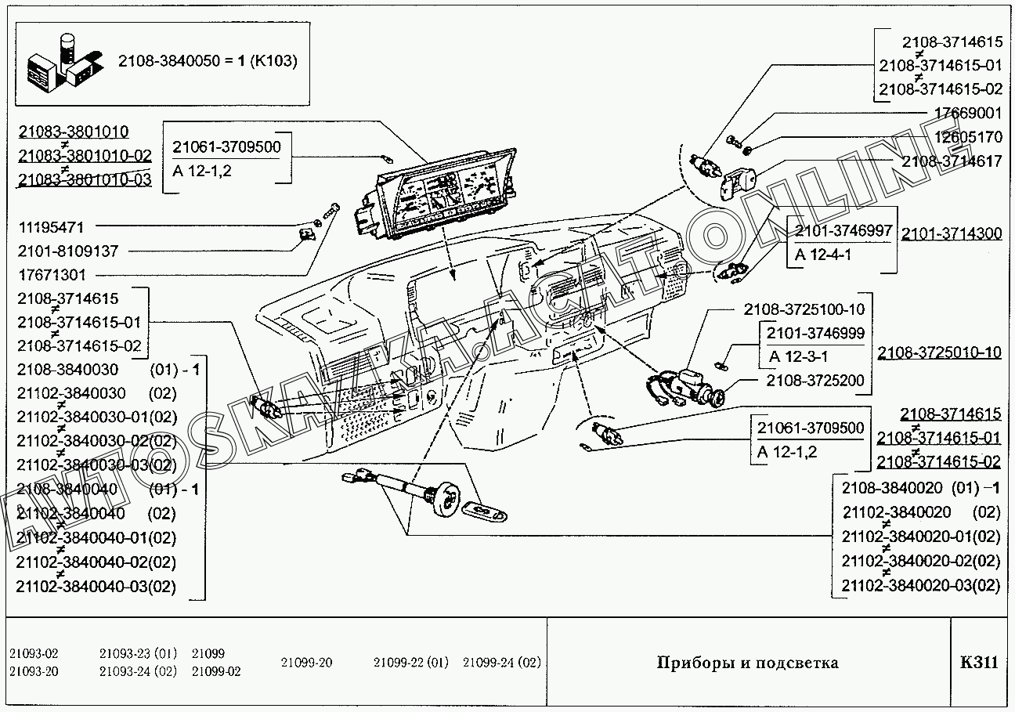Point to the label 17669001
tap(968, 114)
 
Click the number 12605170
tap(968, 137)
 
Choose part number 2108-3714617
tap(952, 161)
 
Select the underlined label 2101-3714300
tap(952, 233)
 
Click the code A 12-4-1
tap(824, 256)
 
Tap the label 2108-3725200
tap(815, 381)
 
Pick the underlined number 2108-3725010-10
tap(939, 352)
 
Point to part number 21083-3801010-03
tap(84, 180)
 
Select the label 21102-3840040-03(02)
tap(96, 587)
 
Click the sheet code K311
tap(979, 663)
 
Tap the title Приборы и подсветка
tap(746, 663)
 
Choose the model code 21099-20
tap(306, 663)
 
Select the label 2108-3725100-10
tap(804, 310)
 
